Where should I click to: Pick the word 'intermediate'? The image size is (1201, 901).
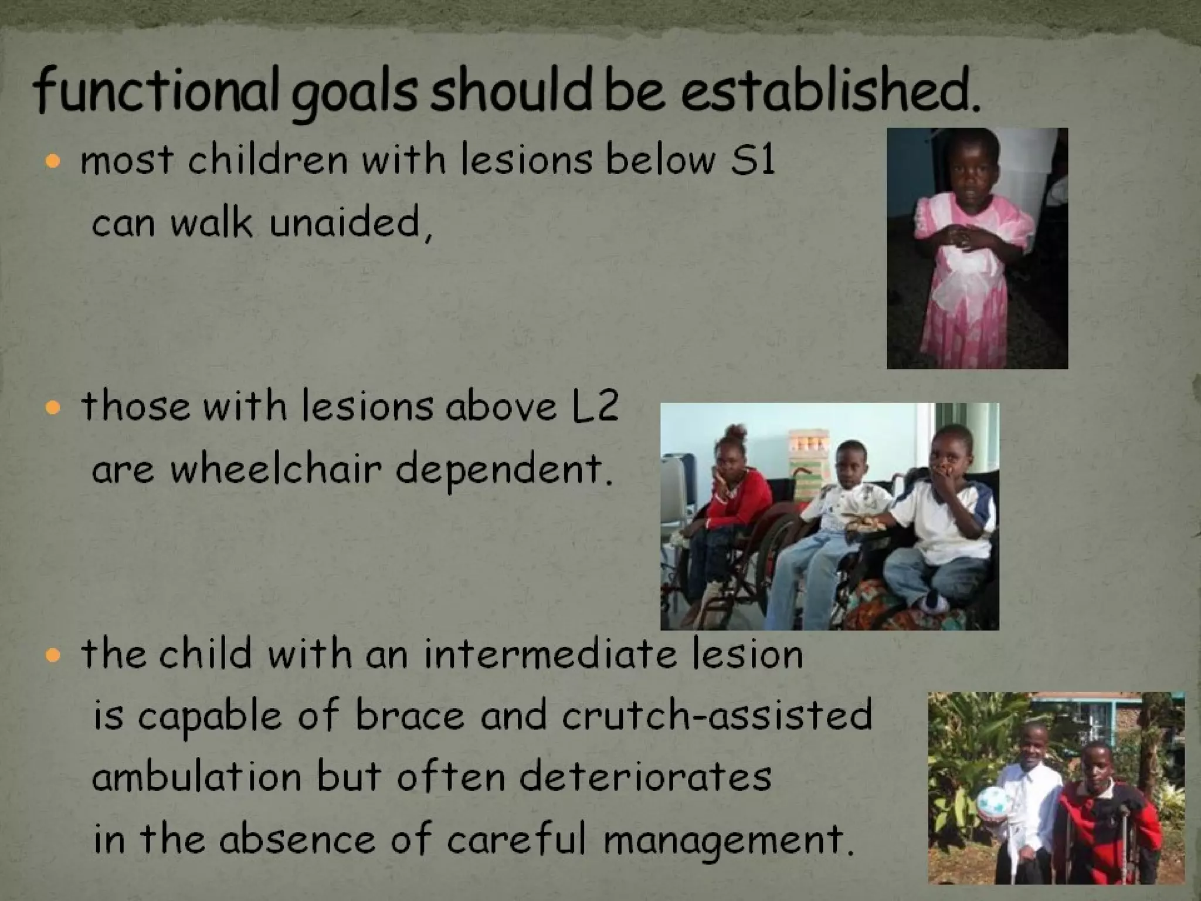click(550, 654)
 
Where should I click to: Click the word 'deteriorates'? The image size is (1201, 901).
click(644, 777)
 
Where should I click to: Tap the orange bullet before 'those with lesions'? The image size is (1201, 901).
click(53, 407)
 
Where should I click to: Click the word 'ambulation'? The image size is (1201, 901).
click(196, 777)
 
